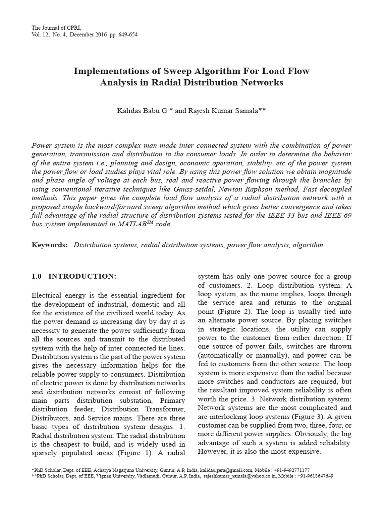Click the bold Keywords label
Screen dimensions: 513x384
(49, 245)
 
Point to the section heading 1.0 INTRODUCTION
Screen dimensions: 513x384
(73, 276)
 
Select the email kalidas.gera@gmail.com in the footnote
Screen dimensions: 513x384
(240, 470)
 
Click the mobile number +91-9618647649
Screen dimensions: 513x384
(316, 476)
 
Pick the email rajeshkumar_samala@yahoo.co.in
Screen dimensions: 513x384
(240, 476)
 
